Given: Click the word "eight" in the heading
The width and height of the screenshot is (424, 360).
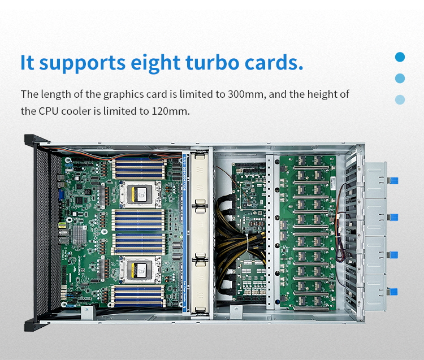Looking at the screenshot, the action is [155, 63].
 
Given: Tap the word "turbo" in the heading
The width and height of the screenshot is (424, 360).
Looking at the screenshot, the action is [213, 62].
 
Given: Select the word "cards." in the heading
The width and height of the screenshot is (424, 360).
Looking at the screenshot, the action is [274, 62].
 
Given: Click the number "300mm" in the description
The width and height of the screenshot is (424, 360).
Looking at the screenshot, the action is [245, 94].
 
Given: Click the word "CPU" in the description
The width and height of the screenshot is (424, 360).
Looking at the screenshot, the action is [49, 111].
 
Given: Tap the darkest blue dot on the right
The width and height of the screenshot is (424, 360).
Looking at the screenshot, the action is [400, 57].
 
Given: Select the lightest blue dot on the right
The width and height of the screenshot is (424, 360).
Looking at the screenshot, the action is [400, 99].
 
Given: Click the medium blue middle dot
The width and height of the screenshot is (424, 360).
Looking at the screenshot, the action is [400, 79].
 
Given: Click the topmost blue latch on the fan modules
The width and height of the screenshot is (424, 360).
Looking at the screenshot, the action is [393, 180].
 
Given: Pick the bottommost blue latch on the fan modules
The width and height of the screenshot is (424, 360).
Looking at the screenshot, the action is [393, 292].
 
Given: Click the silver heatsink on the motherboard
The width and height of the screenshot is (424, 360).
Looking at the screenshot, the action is [80, 235].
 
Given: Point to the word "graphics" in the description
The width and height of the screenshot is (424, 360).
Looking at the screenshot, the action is [124, 94].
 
